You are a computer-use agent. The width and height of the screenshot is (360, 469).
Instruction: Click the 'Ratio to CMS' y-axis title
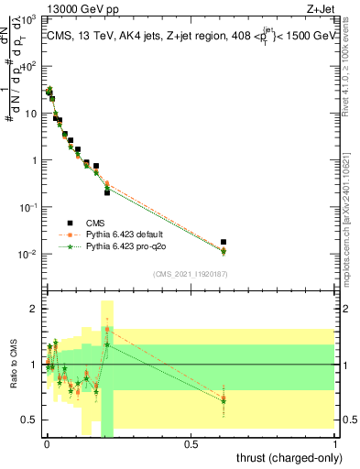click(12, 365)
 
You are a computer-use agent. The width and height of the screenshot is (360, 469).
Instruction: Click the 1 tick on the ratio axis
click(36, 365)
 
